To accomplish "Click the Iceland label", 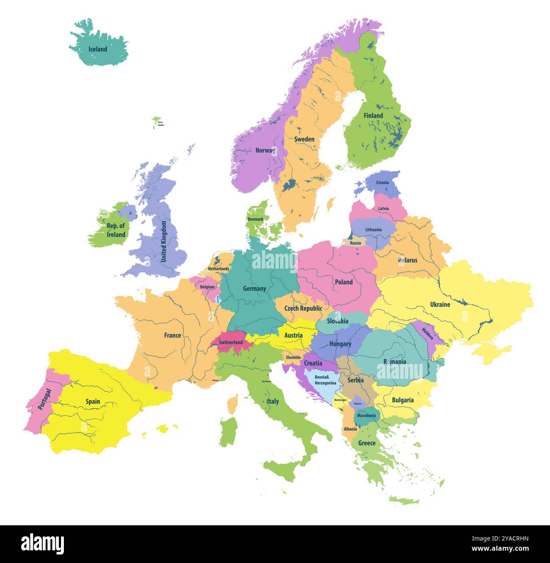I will click(98, 49).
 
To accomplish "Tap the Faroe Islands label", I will click(160, 124).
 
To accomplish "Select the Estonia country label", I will click(382, 183).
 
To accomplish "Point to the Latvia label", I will click(383, 208).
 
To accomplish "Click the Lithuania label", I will click(373, 230).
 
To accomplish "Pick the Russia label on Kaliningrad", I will click(355, 243).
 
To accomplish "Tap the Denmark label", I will click(256, 219).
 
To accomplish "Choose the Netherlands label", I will click(218, 269).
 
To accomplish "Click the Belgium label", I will click(207, 287).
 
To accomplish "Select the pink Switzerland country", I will click(231, 342).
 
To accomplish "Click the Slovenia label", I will click(293, 358).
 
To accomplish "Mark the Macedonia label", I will click(366, 416).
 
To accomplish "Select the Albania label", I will click(350, 429).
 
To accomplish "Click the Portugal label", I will click(44, 399).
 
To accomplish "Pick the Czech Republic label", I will click(303, 308).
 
